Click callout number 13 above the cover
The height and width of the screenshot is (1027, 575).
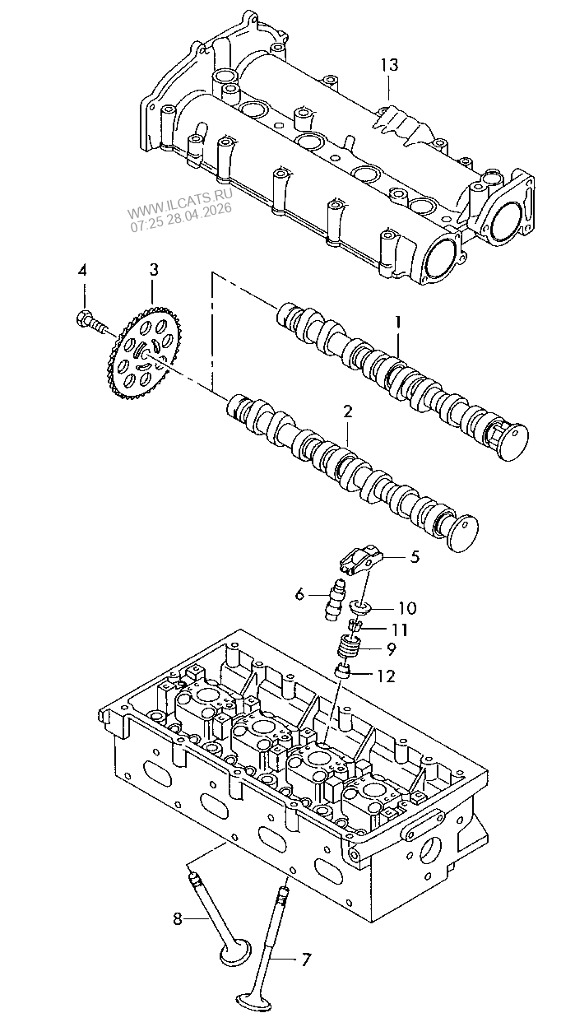click(x=389, y=65)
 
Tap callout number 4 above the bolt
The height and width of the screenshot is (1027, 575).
click(x=81, y=271)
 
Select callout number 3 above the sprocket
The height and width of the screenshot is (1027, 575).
click(x=154, y=270)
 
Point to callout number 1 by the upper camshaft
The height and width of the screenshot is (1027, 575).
click(x=398, y=323)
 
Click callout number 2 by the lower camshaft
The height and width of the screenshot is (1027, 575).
click(x=348, y=411)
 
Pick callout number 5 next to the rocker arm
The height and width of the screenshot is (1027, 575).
click(x=415, y=556)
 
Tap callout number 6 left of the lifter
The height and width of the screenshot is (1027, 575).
click(x=299, y=595)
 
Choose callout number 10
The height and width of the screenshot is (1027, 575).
click(x=407, y=608)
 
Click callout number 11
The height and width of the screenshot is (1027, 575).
click(x=400, y=630)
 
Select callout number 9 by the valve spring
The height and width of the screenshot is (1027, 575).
click(x=391, y=648)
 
